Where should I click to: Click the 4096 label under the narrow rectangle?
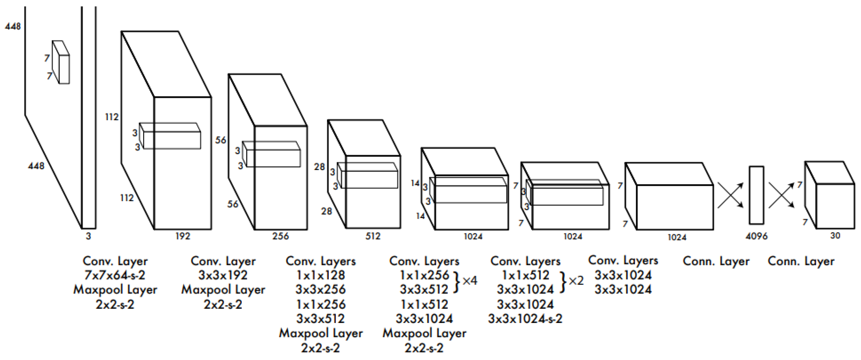point(756,236)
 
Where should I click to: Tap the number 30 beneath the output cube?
point(835,236)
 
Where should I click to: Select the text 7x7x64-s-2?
point(115,275)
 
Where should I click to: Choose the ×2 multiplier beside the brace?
point(576,281)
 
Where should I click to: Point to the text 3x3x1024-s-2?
point(525,319)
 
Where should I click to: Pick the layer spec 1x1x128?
point(320,275)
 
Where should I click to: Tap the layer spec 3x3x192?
point(223,275)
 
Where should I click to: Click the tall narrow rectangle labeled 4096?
point(756,195)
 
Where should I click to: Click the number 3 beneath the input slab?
point(88,236)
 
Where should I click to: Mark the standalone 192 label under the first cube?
point(183,236)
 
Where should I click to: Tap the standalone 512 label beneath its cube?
point(373,236)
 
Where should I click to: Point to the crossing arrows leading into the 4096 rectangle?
point(731,195)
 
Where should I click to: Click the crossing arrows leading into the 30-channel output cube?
point(781,195)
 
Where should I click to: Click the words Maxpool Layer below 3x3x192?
point(223,290)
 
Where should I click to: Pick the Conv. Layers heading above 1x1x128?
point(320,261)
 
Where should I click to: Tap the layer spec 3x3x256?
point(320,290)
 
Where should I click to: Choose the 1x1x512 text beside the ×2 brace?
point(525,275)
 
